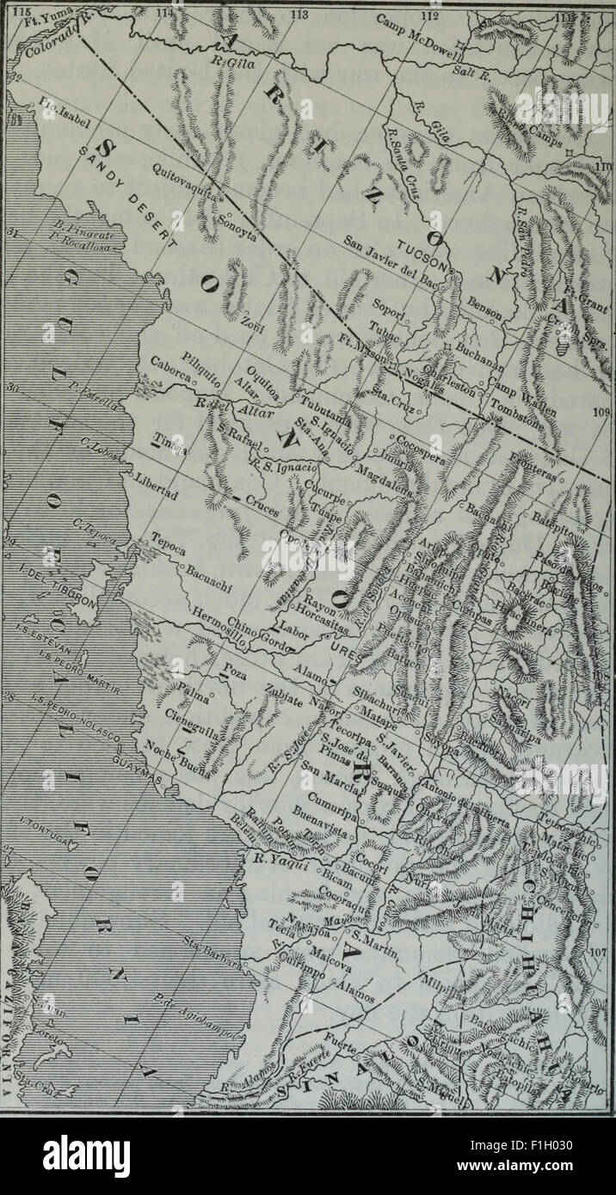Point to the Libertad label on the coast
155,487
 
